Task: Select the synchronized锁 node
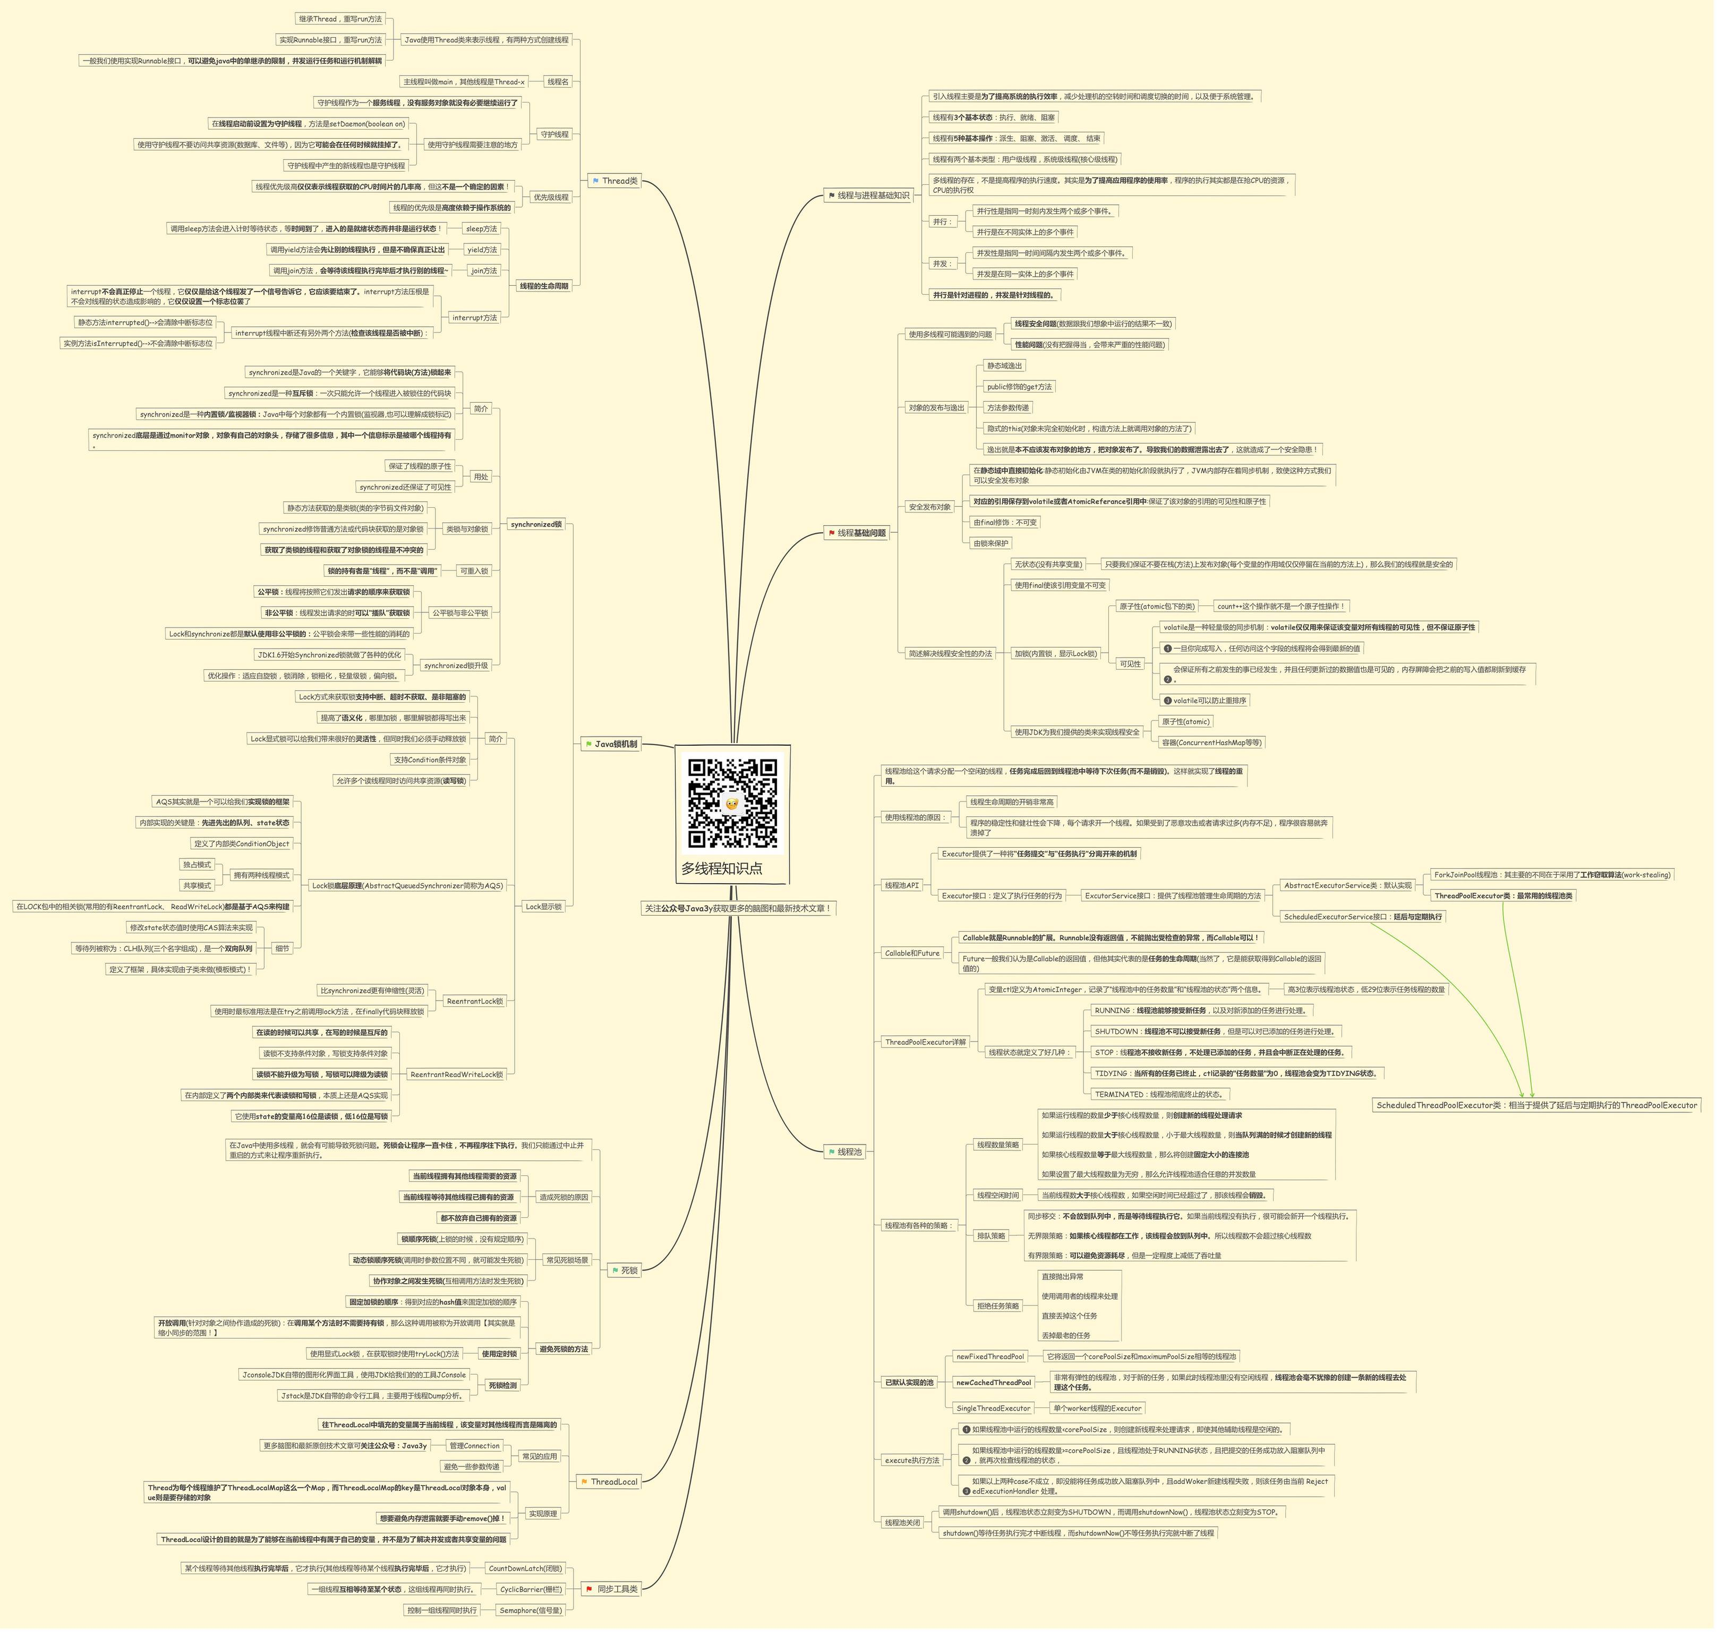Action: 539,528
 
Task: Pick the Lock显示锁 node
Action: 546,912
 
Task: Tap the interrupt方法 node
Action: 477,320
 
